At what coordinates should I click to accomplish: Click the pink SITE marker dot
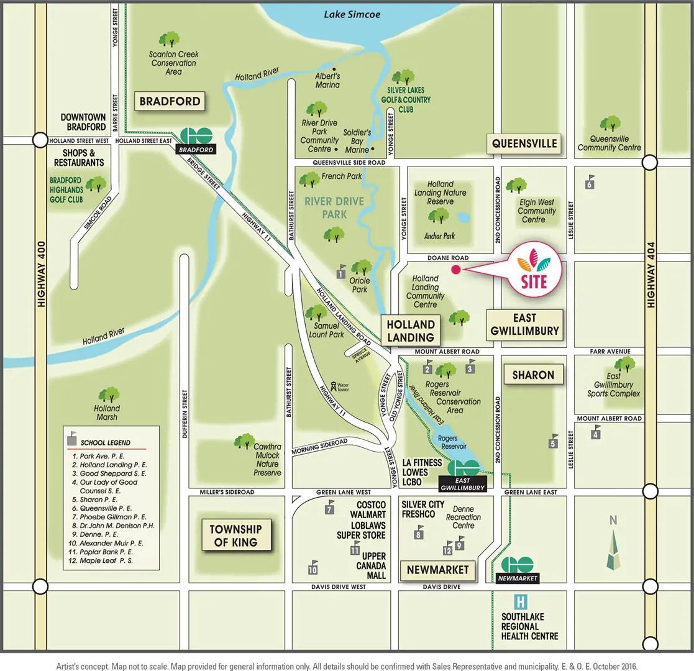pyautogui.click(x=455, y=270)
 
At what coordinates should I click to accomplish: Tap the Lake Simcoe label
pyautogui.click(x=352, y=14)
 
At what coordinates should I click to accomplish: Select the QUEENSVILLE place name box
pyautogui.click(x=524, y=144)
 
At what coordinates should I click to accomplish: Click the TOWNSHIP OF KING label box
pyautogui.click(x=235, y=536)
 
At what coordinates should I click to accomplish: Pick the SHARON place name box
pyautogui.click(x=533, y=375)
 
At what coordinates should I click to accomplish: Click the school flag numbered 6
pyautogui.click(x=590, y=181)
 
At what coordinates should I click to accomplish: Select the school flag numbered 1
pyautogui.click(x=341, y=272)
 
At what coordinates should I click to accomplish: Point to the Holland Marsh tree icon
pyautogui.click(x=109, y=395)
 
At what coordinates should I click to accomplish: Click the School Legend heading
pyautogui.click(x=105, y=442)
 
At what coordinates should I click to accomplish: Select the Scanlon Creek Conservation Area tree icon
pyautogui.click(x=169, y=40)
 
